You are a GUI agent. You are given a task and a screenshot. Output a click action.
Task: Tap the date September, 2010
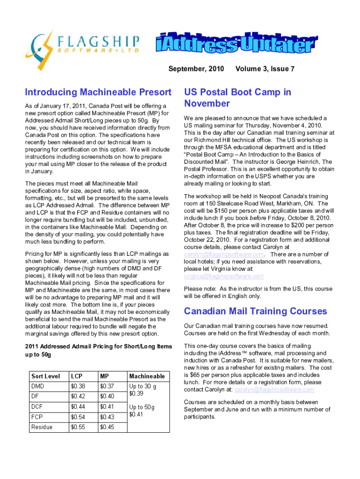[x=196, y=69]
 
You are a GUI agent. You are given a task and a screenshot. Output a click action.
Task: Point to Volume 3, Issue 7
[x=266, y=69]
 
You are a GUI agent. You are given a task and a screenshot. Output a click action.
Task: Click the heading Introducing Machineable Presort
[x=99, y=92]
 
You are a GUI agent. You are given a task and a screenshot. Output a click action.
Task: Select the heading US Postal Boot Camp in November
[x=238, y=97]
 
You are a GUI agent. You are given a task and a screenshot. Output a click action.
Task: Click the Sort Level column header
[x=45, y=376]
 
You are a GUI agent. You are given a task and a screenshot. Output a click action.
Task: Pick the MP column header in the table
[x=104, y=376]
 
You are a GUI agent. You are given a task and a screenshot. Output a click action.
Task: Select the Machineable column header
[x=147, y=376]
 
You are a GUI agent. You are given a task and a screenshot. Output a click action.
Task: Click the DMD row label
[x=38, y=386]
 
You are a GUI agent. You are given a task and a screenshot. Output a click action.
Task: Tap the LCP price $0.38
[x=78, y=386]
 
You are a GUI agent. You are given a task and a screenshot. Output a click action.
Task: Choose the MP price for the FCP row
[x=107, y=417]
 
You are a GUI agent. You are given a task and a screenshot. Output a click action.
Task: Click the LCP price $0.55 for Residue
[x=78, y=427]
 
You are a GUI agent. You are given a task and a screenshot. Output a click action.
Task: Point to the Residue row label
[x=42, y=427]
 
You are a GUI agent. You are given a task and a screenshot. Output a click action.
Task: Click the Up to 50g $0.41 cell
[x=143, y=411]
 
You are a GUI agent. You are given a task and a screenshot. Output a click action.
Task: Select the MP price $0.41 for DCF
[x=107, y=406]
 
